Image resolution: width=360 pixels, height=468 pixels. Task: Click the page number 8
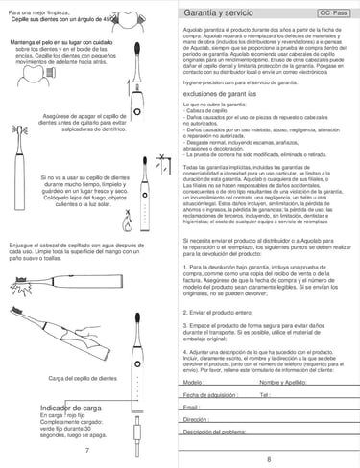pyautogui.click(x=269, y=459)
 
